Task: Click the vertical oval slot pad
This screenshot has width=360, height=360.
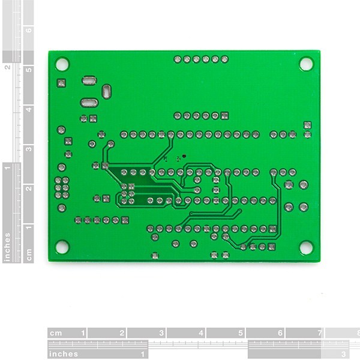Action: [x=106, y=91]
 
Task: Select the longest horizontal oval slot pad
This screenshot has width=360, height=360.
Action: [x=88, y=103]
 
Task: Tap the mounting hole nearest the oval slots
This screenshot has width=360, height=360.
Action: [x=62, y=64]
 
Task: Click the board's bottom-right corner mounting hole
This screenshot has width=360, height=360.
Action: [x=306, y=247]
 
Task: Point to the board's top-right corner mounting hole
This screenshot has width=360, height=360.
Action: [x=306, y=64]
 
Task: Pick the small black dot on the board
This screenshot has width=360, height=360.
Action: [x=184, y=156]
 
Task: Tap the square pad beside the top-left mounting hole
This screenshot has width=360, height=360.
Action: [x=61, y=83]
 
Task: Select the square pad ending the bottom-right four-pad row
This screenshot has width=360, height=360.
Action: [x=272, y=247]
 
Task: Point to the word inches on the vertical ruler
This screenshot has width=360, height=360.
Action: [x=7, y=247]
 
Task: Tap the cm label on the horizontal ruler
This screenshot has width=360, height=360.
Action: [x=56, y=333]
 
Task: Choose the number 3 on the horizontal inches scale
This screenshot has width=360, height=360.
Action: [x=343, y=354]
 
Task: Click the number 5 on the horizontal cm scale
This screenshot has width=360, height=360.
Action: [x=241, y=333]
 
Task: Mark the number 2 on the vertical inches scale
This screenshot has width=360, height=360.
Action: [x=7, y=67]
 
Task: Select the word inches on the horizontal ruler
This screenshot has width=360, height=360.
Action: [x=64, y=354]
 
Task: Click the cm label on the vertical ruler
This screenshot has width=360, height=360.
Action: [x=28, y=254]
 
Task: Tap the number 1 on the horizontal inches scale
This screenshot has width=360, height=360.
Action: [x=143, y=354]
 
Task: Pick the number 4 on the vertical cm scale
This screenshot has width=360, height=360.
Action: [x=28, y=109]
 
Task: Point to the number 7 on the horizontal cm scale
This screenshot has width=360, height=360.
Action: [x=320, y=333]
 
